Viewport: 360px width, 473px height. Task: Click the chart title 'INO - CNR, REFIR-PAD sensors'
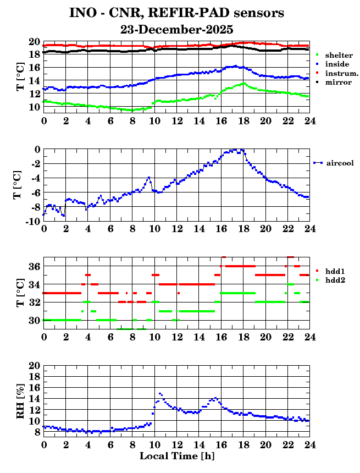point(177,12)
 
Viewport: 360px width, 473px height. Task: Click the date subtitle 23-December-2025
point(177,29)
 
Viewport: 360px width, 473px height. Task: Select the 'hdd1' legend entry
point(335,271)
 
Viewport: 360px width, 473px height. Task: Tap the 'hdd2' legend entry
point(335,280)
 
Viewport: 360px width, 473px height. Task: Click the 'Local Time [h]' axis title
point(176,456)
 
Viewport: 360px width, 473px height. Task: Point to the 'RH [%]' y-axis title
point(20,399)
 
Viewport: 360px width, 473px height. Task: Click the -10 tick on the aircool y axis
point(32,221)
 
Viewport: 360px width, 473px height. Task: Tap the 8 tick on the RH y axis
point(37,433)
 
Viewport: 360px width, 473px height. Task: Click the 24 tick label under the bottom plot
point(309,444)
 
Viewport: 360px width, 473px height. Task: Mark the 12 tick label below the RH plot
point(176,444)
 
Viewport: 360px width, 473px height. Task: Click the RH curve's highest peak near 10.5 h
point(160,394)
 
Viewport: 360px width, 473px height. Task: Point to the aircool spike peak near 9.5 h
point(148,178)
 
